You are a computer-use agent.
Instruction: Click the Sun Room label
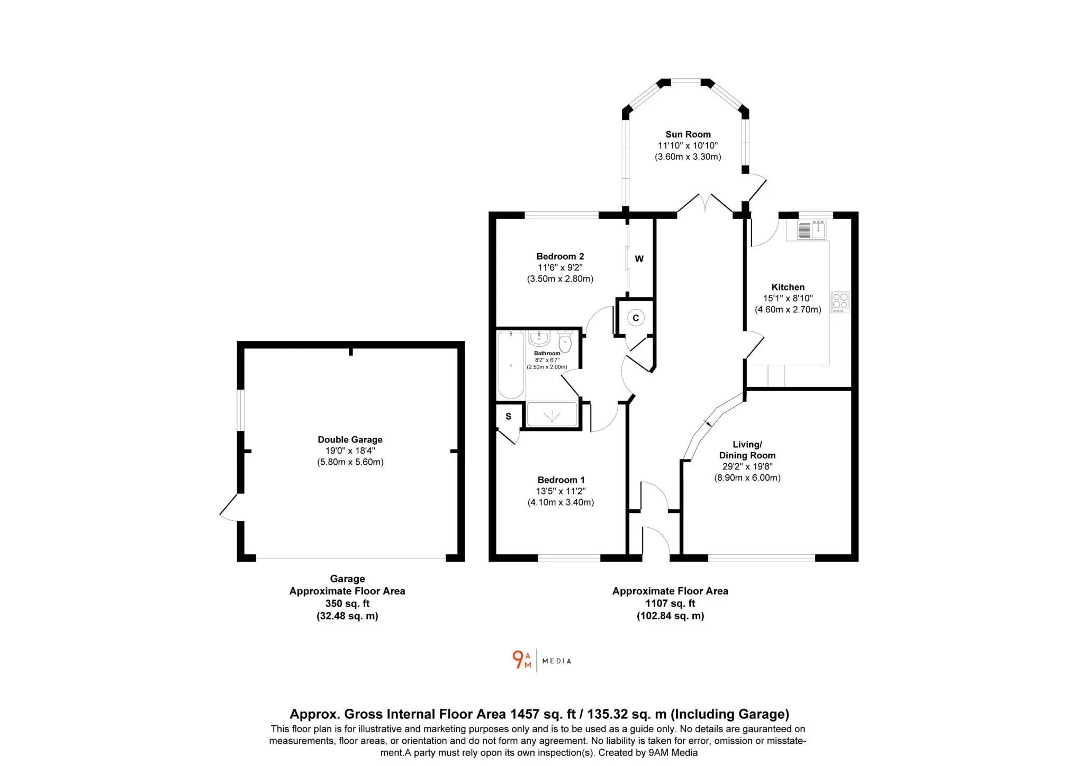[x=688, y=134]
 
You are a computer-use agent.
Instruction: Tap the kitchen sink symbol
[x=811, y=230]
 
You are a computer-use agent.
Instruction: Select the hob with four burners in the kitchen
[x=840, y=302]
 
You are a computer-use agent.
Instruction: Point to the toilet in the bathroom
[x=565, y=341]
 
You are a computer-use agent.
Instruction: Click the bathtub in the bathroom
[x=511, y=365]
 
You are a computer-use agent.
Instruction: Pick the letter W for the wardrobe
[x=639, y=259]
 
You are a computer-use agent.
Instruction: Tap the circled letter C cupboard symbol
[x=636, y=318]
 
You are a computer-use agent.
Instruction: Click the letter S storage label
[x=508, y=417]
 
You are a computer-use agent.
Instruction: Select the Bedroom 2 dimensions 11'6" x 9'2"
[x=560, y=267]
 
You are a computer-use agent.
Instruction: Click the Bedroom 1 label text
[x=561, y=480]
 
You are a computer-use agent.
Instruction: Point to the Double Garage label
[x=350, y=439]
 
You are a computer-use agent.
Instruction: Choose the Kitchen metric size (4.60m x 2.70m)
[x=788, y=310]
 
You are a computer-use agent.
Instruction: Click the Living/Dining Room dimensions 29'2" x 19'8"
[x=747, y=466]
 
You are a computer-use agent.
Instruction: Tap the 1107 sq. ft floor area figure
[x=670, y=603]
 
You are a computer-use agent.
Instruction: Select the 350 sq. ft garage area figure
[x=347, y=603]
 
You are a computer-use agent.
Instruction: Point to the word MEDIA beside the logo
[x=557, y=661]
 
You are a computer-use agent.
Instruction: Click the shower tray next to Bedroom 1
[x=552, y=414]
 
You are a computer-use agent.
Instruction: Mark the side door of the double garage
[x=229, y=507]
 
